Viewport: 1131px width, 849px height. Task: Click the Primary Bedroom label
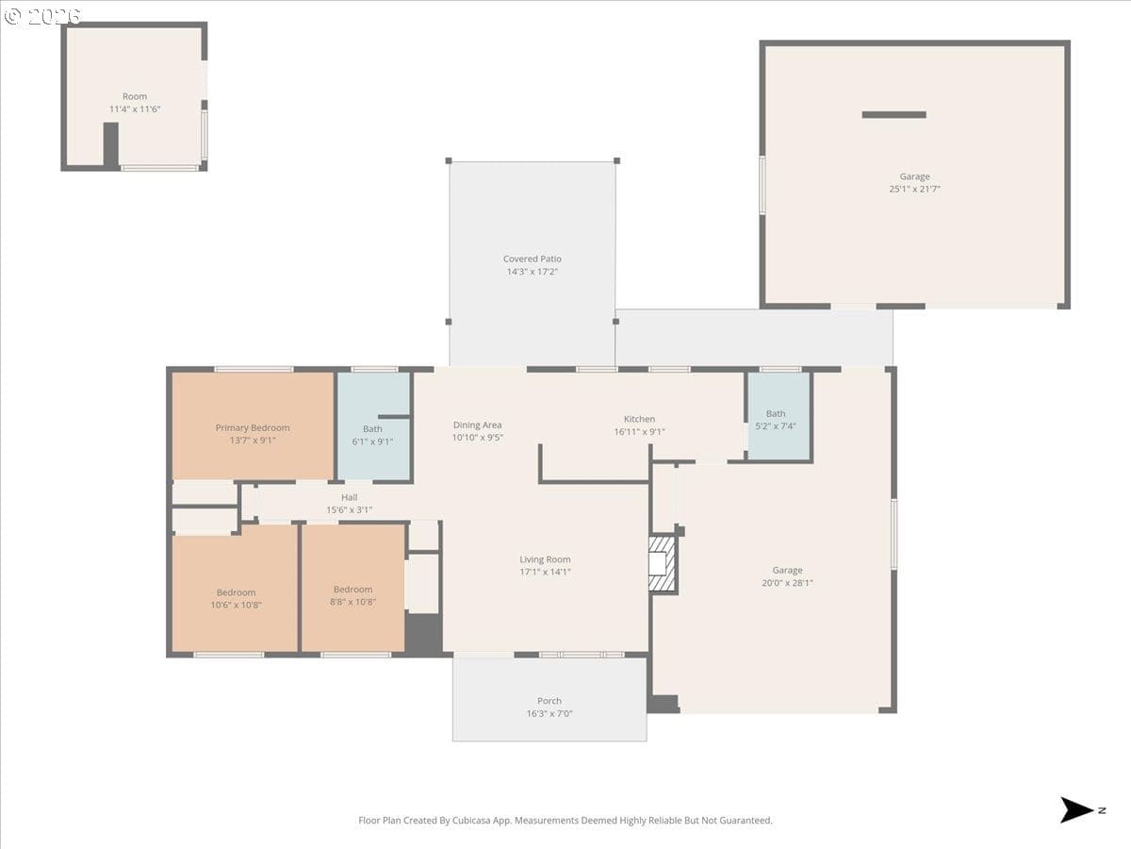[x=253, y=428]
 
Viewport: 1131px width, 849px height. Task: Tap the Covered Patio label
[x=533, y=258]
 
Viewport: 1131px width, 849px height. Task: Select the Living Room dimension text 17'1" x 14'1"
[x=545, y=572]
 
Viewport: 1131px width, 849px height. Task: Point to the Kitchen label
[x=639, y=419]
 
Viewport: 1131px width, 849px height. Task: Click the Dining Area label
[x=477, y=424]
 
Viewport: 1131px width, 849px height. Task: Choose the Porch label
[x=549, y=701]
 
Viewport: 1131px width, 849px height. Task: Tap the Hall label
[x=350, y=497]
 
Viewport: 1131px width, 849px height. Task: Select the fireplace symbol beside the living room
[x=662, y=564]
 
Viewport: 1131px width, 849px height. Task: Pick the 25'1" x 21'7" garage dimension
[x=914, y=189]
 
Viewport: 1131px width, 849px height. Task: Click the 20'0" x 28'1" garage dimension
[x=787, y=582]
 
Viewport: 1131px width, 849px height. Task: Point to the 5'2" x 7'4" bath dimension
[x=776, y=425]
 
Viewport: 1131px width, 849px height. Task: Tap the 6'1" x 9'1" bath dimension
[x=372, y=441]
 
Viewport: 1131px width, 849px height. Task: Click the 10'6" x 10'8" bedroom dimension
[x=236, y=605]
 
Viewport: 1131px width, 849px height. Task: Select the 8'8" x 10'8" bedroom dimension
[x=352, y=602]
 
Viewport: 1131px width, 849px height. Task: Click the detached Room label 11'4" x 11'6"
[x=135, y=103]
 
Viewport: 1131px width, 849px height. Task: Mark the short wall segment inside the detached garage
[x=894, y=114]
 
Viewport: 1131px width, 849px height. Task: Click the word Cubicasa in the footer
[x=471, y=820]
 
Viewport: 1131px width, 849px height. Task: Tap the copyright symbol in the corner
[x=12, y=16]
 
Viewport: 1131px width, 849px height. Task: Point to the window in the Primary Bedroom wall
[x=254, y=369]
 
